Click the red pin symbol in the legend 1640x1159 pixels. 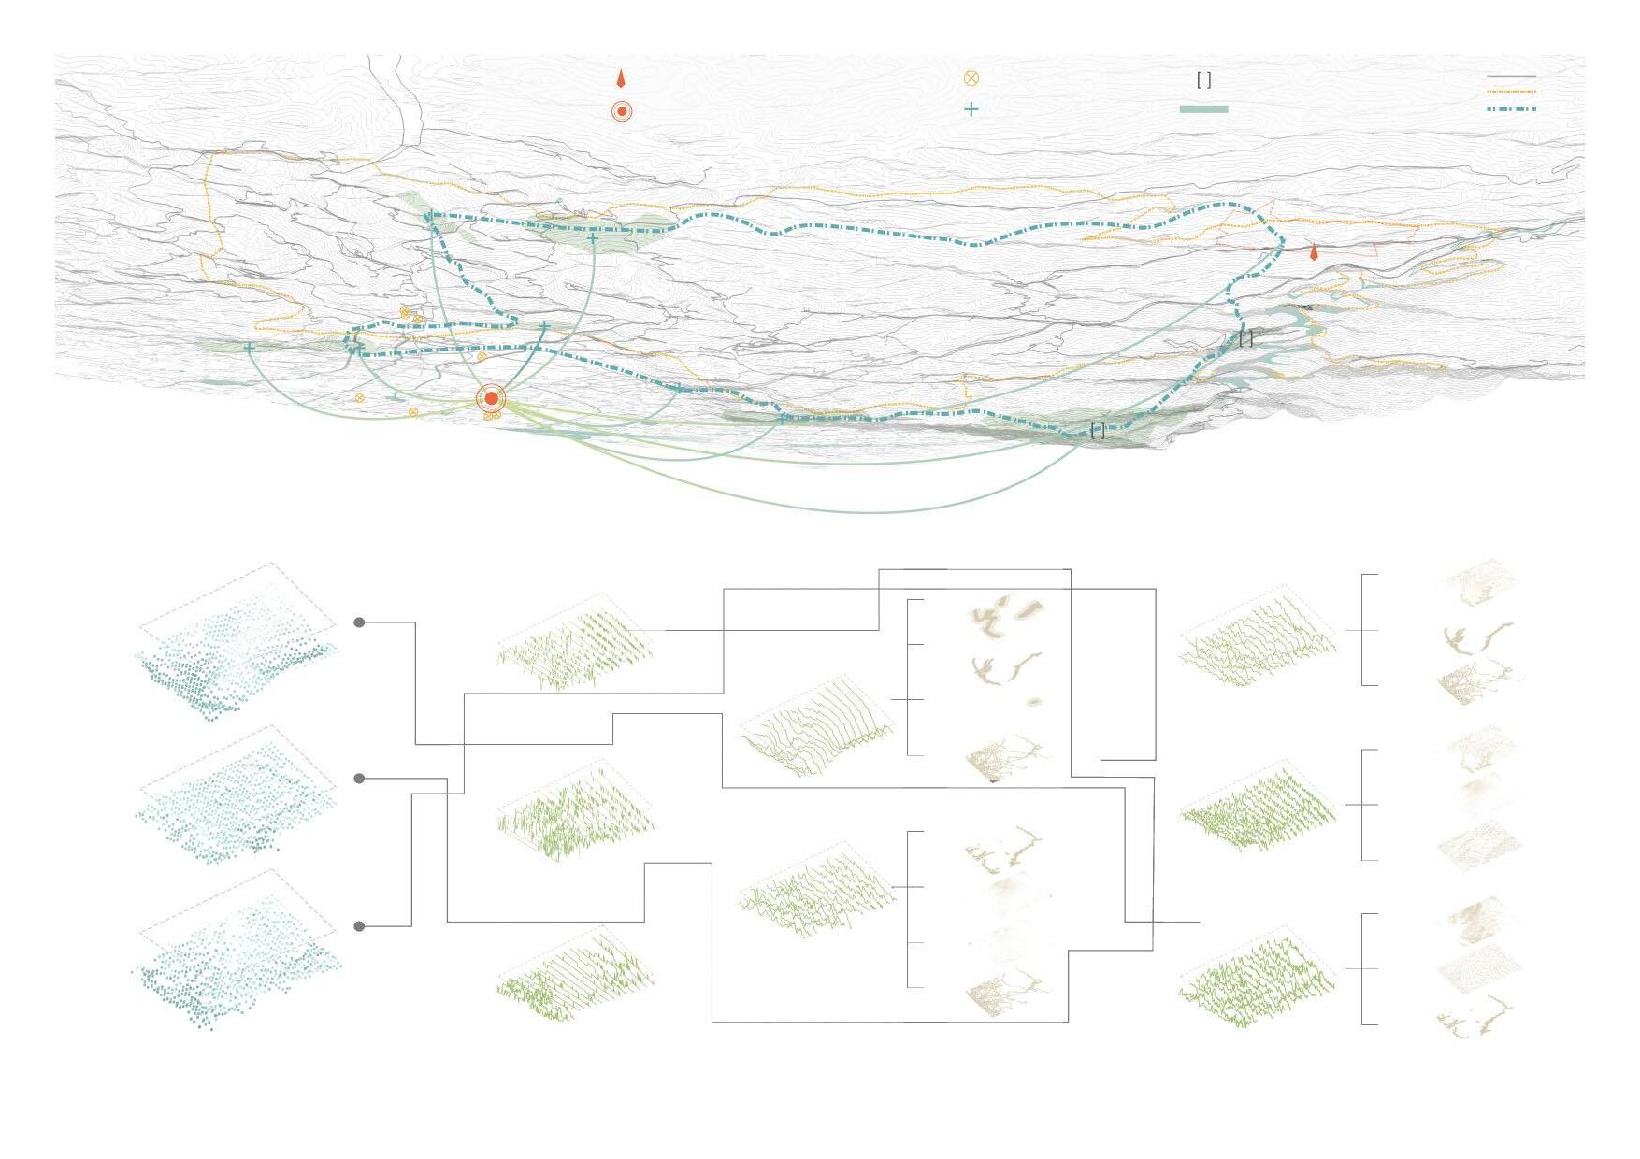620,79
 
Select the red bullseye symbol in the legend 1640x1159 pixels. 622,111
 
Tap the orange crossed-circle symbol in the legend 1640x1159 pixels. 971,79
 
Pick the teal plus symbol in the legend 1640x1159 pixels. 971,109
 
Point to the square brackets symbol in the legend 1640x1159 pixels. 1204,80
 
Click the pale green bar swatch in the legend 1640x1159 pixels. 1203,109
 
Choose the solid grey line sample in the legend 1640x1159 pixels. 1511,76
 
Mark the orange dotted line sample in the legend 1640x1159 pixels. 1511,92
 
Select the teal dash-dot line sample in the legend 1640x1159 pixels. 1511,109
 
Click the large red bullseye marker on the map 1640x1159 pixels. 491,399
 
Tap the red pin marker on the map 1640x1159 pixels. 1314,252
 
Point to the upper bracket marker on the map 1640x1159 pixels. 1245,339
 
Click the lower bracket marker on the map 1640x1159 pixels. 1098,431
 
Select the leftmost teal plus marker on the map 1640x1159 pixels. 249,348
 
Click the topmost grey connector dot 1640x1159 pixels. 360,622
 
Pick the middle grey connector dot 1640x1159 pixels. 360,779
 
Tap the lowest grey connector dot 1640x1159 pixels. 360,926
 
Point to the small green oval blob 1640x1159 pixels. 1033,702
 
